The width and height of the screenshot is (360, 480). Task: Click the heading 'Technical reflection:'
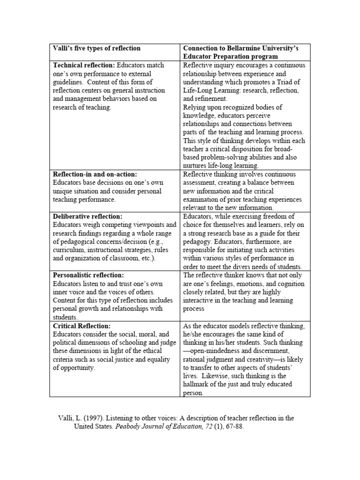tap(83, 65)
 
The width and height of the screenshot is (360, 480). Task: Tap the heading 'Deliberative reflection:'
tap(88, 217)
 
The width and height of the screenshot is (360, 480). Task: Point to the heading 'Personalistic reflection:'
tap(89, 276)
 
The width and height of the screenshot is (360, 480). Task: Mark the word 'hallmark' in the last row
tap(197, 385)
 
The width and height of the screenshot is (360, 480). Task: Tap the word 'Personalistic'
tap(74, 276)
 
